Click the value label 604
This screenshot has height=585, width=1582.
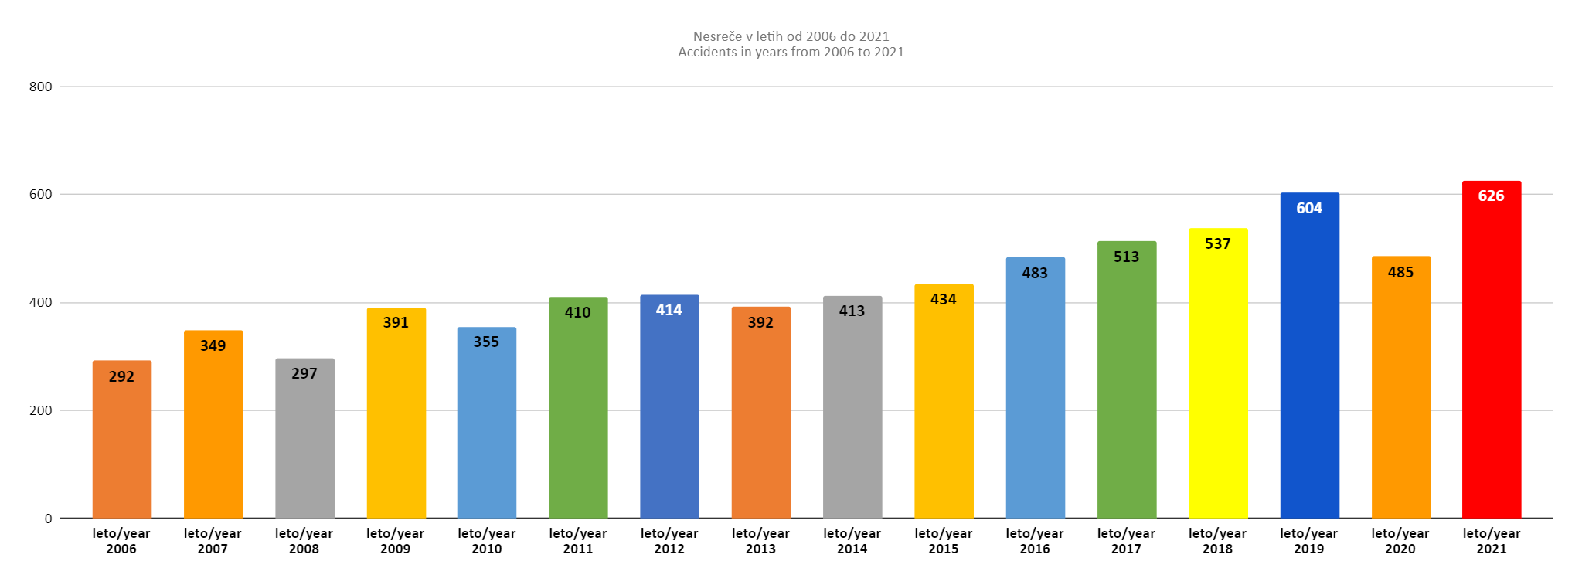[1309, 208]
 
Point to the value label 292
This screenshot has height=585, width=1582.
[121, 376]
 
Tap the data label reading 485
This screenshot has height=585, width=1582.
[1400, 272]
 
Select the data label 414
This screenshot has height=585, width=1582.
[669, 310]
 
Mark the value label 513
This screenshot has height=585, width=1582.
[1126, 257]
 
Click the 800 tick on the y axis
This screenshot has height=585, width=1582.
[41, 87]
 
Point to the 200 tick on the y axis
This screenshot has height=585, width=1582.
[41, 410]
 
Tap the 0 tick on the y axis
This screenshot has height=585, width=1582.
[48, 519]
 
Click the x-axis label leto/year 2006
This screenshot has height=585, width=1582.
[121, 541]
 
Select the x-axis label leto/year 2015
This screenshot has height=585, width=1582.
[944, 541]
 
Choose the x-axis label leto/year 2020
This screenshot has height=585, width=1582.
[1400, 541]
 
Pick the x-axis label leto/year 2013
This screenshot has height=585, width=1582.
[760, 541]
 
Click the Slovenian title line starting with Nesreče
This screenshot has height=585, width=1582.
[791, 36]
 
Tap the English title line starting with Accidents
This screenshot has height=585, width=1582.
[791, 52]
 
